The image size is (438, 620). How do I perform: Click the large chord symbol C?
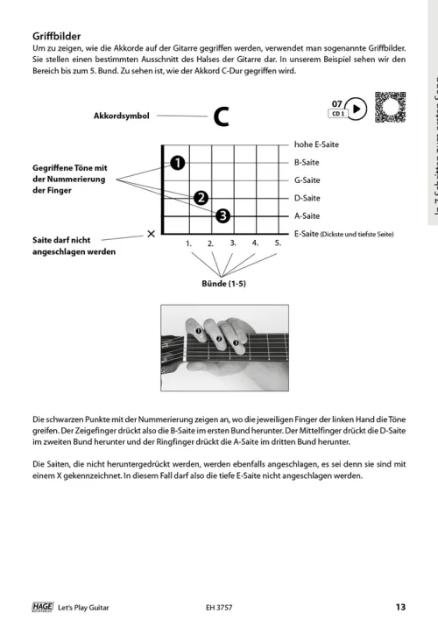pyautogui.click(x=222, y=116)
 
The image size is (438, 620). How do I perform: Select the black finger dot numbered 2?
pyautogui.click(x=201, y=197)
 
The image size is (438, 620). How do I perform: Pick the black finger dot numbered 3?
pyautogui.click(x=223, y=215)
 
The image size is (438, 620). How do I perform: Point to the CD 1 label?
pyautogui.click(x=336, y=114)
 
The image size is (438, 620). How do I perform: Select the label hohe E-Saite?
pyautogui.click(x=316, y=144)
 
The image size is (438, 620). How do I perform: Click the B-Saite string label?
pyautogui.click(x=307, y=162)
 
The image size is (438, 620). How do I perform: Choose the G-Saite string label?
pyautogui.click(x=307, y=180)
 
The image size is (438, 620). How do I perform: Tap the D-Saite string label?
pyautogui.click(x=307, y=198)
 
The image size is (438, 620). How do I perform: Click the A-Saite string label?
pyautogui.click(x=307, y=215)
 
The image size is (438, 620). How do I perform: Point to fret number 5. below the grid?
pyautogui.click(x=277, y=243)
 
